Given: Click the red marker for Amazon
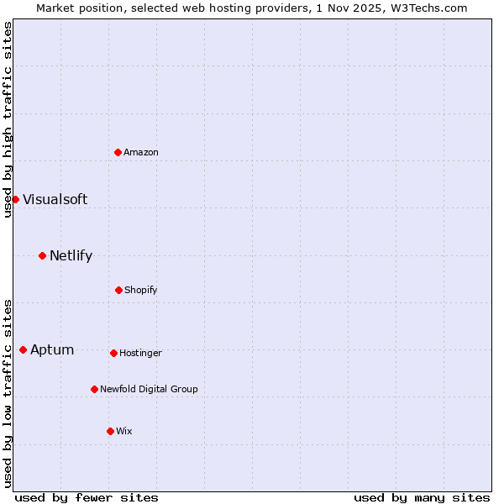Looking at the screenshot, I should pos(118,152).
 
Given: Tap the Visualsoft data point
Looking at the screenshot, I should pos(15,199).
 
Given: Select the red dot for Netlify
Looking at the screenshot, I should pos(42,255).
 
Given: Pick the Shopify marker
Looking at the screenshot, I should pos(118,290).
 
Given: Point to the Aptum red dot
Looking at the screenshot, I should pos(23,349).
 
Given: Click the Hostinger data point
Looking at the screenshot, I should pos(113,353).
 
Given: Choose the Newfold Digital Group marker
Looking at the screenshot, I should pos(94,389).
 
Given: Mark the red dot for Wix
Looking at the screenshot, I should pos(110,431).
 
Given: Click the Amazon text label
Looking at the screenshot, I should pos(141,152).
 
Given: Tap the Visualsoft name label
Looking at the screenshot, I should pos(55,199).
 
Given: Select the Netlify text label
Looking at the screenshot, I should pos(71,255).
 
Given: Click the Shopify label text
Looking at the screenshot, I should pos(141,290).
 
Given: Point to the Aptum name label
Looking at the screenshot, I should pos(52,349).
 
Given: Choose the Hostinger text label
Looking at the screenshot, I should pos(140,353).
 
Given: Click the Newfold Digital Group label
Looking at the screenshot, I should pos(149,389).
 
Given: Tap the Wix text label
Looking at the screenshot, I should pos(124,431).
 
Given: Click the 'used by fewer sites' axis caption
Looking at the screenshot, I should pos(87,497).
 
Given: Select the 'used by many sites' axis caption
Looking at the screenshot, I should pos(422,497).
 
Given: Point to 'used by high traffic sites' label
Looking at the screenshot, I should pos(8,119).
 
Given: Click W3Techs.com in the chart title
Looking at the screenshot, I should pos(427,8).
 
